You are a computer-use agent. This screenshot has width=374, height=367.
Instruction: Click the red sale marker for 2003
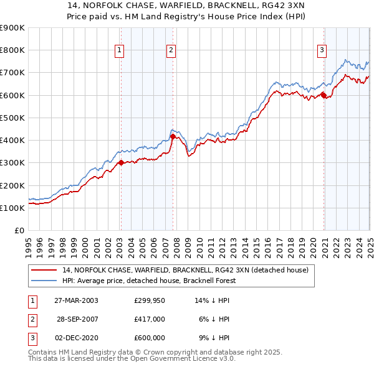pyautogui.click(x=121, y=162)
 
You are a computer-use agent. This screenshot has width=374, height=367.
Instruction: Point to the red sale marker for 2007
pyautogui.click(x=173, y=136)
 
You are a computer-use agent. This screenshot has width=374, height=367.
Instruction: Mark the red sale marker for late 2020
pyautogui.click(x=324, y=95)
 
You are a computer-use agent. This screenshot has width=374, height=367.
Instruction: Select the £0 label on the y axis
pyautogui.click(x=19, y=230)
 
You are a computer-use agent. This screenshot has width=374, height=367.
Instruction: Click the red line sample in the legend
pyautogui.click(x=44, y=270)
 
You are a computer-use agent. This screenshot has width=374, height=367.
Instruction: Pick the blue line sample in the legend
pyautogui.click(x=44, y=281)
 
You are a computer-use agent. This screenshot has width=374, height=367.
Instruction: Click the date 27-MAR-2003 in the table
pyautogui.click(x=76, y=300)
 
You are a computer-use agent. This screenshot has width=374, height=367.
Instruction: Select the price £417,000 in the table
pyautogui.click(x=150, y=319)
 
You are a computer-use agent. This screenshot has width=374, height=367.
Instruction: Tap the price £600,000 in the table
pyautogui.click(x=150, y=338)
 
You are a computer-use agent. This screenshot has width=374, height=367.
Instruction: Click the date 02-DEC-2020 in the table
pyautogui.click(x=76, y=338)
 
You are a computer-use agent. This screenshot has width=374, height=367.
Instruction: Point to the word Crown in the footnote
pyautogui.click(x=150, y=352)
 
